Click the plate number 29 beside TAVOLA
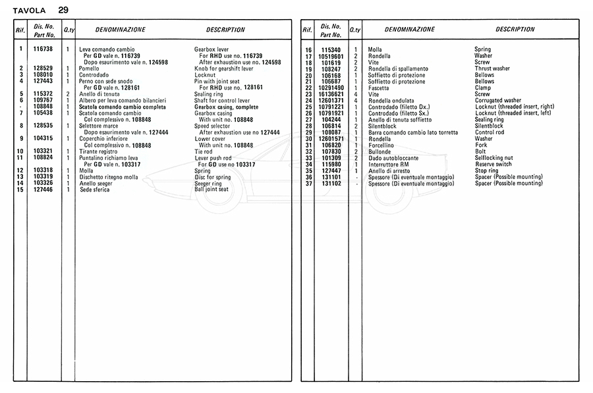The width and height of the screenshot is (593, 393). coord(63,10)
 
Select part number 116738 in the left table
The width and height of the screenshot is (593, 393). coord(43,49)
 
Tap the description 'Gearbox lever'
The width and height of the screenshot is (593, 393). coord(212,49)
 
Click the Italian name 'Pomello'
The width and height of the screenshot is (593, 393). coord(89,68)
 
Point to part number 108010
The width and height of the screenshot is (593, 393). coord(43,75)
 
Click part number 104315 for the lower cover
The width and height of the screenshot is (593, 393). coord(43,139)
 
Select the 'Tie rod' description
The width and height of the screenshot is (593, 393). coord(204,151)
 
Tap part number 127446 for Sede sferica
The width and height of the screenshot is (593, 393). coord(43,190)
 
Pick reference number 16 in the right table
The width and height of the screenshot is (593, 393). coord(308,50)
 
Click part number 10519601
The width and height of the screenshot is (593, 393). coord(331,56)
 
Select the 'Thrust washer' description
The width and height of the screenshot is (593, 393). coord(492,68)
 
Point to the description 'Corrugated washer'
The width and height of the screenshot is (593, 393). coord(498,101)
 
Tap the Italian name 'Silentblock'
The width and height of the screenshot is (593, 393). coord(383,126)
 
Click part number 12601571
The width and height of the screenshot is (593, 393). coord(331,139)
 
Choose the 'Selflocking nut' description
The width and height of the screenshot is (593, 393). coord(494,158)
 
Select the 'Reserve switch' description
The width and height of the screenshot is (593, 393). coord(494,165)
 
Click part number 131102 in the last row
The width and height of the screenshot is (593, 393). coord(331,184)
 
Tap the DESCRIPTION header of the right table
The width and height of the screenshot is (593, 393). coord(515,30)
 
